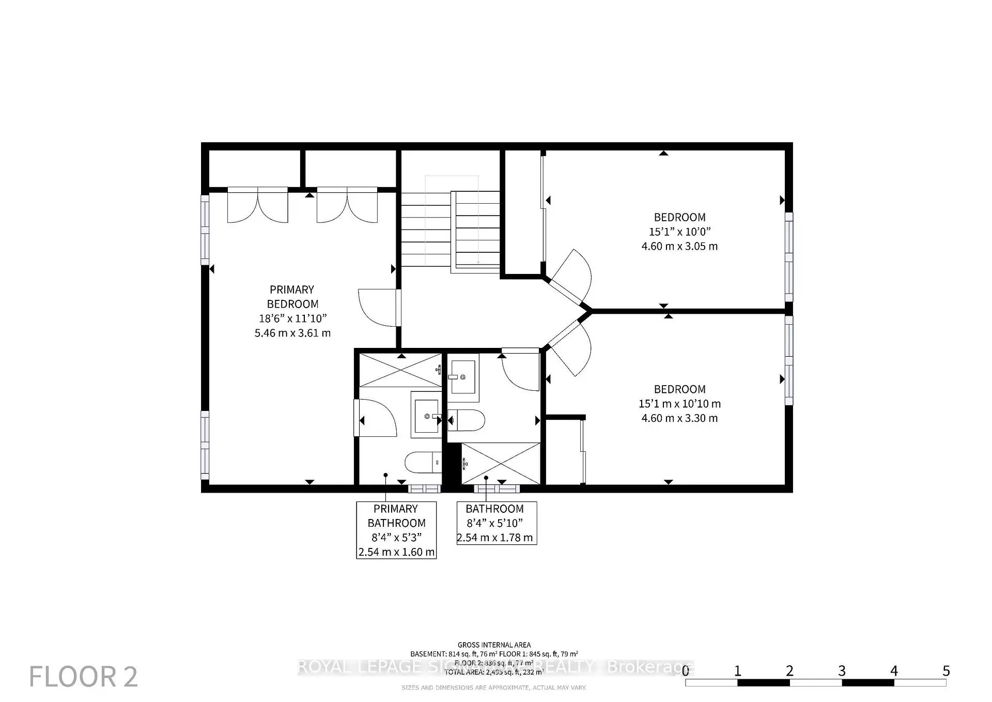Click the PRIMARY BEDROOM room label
tap(292, 297)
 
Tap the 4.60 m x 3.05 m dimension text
tap(679, 247)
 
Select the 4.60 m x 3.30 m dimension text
tap(679, 418)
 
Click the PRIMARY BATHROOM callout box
tap(396, 530)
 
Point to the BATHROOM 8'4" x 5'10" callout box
tap(497, 523)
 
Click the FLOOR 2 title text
tap(84, 677)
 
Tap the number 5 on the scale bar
tap(946, 671)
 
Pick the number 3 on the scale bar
tap(842, 671)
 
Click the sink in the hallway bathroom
tap(463, 377)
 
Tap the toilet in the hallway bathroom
tap(467, 420)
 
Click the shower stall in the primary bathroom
tap(400, 370)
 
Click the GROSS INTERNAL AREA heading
tap(494, 645)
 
